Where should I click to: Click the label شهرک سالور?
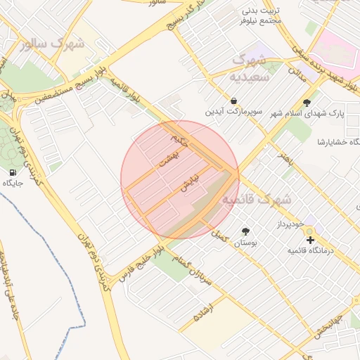coord(53,44)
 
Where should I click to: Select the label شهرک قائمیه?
coord(256,200)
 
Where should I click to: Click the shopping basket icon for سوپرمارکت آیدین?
coord(233,101)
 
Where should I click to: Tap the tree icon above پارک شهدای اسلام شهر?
coord(307,102)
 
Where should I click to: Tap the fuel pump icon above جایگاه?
coord(13,172)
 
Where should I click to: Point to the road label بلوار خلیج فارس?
coord(143,262)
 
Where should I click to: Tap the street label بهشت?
coord(169,160)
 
